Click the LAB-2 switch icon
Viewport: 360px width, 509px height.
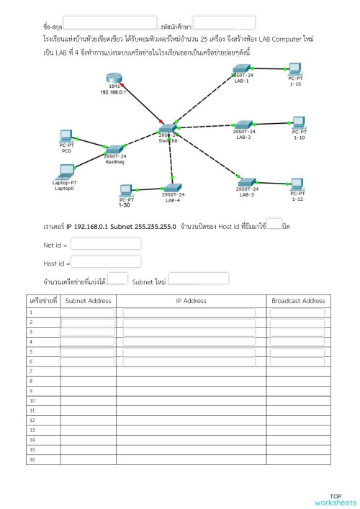244,125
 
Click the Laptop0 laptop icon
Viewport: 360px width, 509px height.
66,171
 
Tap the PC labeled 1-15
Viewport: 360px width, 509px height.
293,70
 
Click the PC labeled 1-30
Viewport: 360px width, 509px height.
125,191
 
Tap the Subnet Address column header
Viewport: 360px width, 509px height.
88,301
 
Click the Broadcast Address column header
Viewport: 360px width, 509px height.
298,301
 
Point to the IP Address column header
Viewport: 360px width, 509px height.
191,301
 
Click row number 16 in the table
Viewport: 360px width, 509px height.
32,459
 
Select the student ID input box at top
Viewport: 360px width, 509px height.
224,23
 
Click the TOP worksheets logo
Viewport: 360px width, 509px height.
335,500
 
